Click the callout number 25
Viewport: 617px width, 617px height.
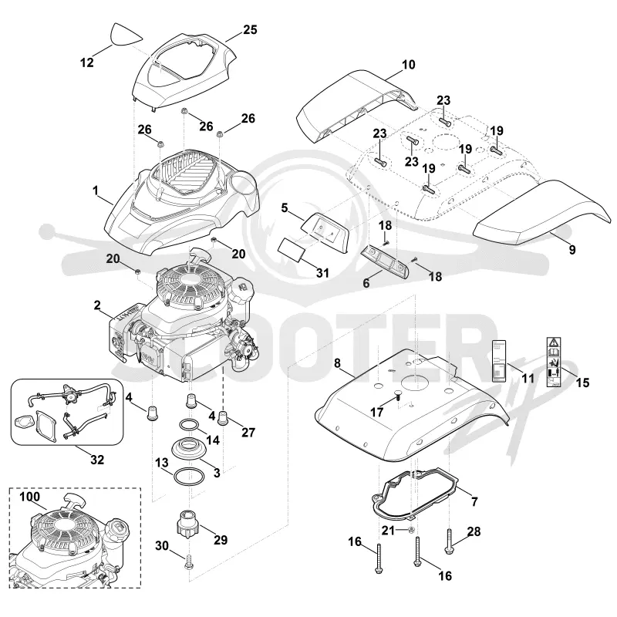click(250, 30)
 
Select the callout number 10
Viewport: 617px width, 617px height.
click(409, 65)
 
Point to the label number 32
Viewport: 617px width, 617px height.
click(97, 459)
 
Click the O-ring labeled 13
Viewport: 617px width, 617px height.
click(189, 476)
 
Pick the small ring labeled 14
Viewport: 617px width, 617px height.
click(189, 426)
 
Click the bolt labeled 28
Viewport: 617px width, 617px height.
click(450, 542)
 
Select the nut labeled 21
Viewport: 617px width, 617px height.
click(410, 530)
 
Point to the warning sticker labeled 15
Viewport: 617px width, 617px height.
click(554, 361)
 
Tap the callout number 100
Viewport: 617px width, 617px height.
click(29, 497)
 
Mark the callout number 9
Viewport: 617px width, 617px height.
click(572, 249)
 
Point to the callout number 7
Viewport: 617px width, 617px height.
click(474, 501)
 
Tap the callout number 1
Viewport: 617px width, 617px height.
click(95, 190)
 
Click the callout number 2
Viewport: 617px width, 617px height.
click(97, 305)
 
